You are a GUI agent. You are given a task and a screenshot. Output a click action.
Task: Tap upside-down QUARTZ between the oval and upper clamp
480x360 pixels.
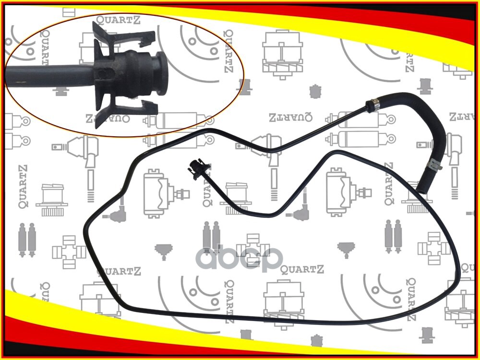(290, 116)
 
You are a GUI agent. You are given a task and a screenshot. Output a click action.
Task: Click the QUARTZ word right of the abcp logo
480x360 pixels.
(302, 269)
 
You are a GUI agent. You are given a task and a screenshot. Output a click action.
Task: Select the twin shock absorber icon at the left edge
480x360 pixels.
(27, 239)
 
